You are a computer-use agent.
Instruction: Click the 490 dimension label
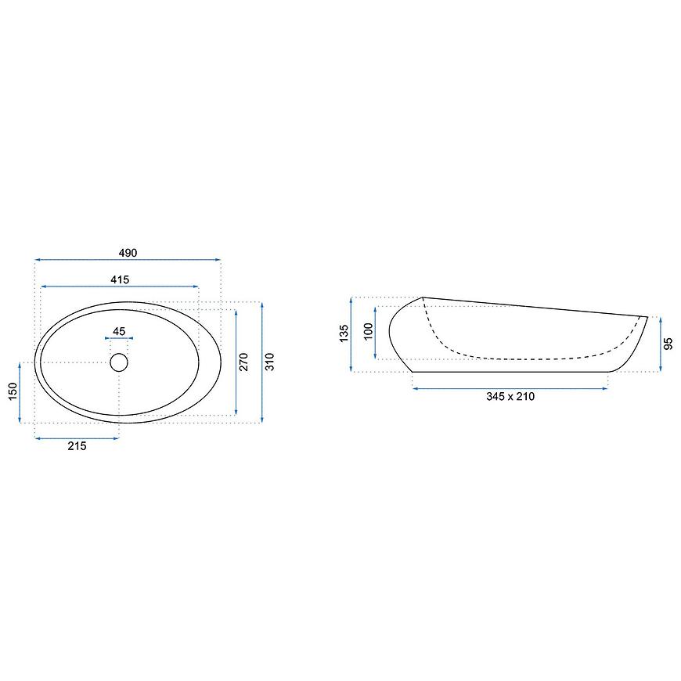point(128,253)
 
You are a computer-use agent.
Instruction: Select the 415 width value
point(120,279)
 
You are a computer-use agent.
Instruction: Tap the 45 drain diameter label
point(119,331)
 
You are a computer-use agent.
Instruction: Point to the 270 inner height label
point(243,362)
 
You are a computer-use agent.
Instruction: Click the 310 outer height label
point(270,362)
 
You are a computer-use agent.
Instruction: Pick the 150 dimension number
point(13,391)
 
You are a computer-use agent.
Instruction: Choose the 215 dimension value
point(77,446)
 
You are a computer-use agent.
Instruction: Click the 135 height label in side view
point(344,333)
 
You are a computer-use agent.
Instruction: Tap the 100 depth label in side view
point(369,332)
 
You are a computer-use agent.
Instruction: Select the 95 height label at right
point(668,344)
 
